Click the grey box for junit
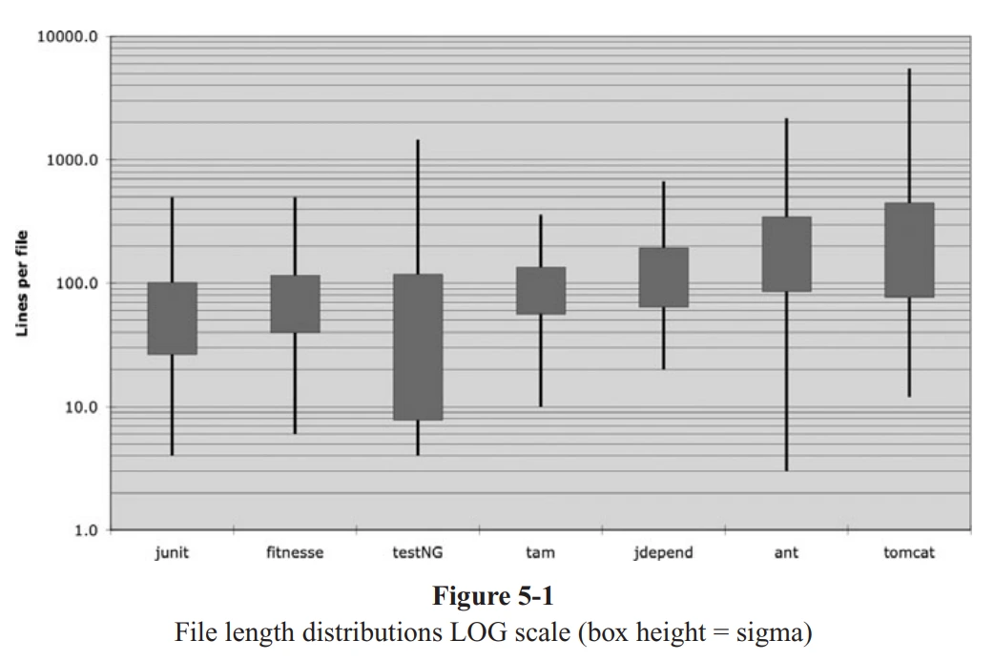click(x=173, y=318)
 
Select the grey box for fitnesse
click(x=295, y=303)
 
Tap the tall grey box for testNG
click(x=418, y=347)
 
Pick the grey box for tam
click(x=541, y=290)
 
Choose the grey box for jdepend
click(x=664, y=277)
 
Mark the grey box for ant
click(x=786, y=254)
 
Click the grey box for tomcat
click(x=909, y=250)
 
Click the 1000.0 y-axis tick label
click(x=72, y=160)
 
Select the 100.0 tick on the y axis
click(x=76, y=283)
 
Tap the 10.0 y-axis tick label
click(x=80, y=407)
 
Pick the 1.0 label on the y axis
click(x=84, y=530)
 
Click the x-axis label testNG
click(x=418, y=553)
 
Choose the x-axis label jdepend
click(x=664, y=553)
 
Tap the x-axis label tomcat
click(x=909, y=553)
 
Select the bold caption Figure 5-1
click(x=493, y=597)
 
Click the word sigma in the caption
click(x=757, y=631)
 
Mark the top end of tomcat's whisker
click(x=909, y=70)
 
